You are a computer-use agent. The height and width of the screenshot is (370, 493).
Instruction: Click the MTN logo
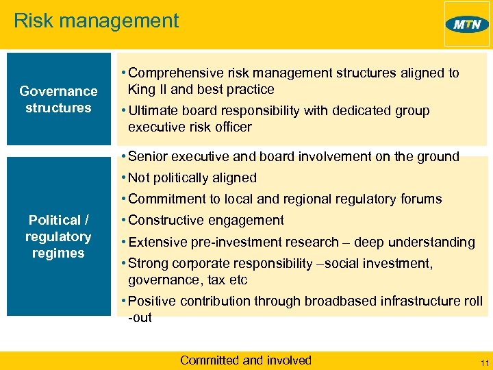click(467, 25)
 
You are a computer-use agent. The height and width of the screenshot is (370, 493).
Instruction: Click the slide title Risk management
click(96, 21)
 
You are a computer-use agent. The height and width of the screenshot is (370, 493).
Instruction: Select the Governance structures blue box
click(58, 99)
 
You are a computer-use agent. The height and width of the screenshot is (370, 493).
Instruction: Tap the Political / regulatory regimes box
click(58, 236)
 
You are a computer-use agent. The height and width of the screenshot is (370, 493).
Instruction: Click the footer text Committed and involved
click(245, 360)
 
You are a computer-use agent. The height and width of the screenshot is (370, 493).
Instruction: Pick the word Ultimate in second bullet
click(152, 110)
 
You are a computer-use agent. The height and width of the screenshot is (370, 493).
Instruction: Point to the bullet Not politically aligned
click(192, 177)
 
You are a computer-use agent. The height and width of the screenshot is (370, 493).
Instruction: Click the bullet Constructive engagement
click(205, 221)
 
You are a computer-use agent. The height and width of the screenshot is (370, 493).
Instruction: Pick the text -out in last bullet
click(140, 317)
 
